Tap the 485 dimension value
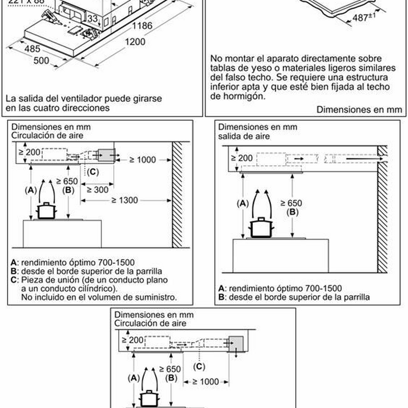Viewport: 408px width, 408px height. [33, 50]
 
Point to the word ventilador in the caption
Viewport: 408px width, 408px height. [78, 98]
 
